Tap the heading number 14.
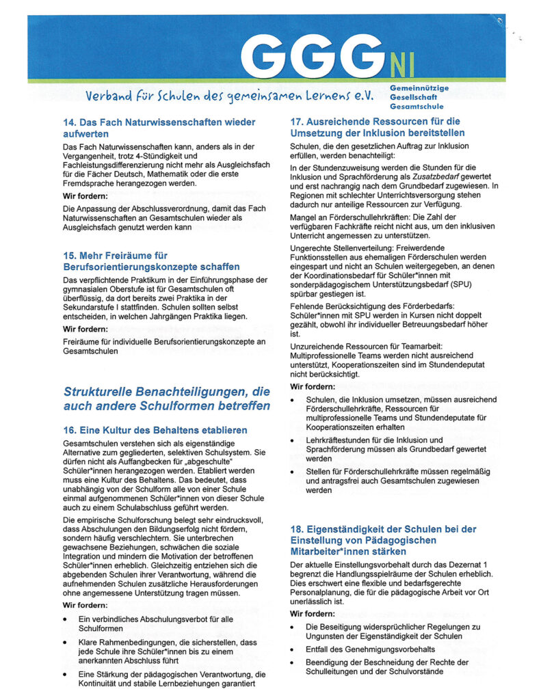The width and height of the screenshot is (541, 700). [x=69, y=122]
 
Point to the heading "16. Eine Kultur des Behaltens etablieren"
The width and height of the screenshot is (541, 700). [x=155, y=430]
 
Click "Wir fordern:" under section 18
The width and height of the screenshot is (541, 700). [x=313, y=614]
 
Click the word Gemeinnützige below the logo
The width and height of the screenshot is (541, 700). [x=419, y=89]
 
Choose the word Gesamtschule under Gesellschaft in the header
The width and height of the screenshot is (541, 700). [x=417, y=107]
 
